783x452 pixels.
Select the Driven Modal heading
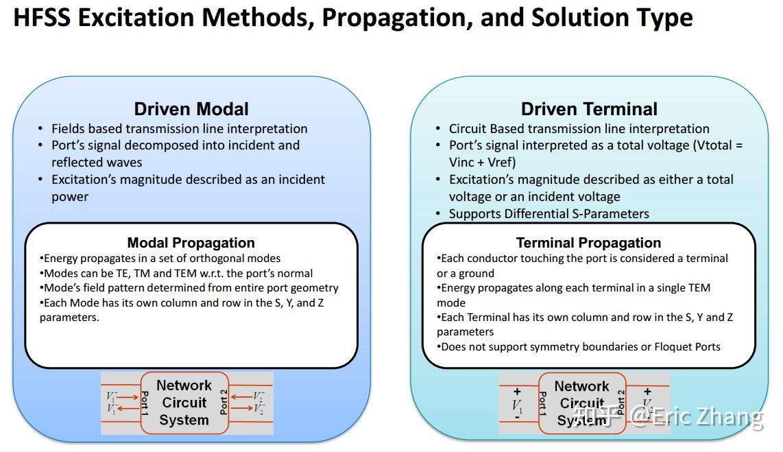[x=191, y=109]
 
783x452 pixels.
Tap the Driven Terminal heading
[x=589, y=109]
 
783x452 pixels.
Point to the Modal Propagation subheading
[x=191, y=243]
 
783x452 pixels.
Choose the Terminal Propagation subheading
[x=588, y=243]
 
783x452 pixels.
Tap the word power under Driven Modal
[x=70, y=197]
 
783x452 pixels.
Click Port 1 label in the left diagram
[x=145, y=403]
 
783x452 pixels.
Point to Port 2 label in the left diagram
[x=224, y=403]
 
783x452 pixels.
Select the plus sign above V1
[x=518, y=392]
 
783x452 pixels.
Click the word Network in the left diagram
[x=184, y=385]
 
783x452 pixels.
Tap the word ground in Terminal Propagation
[x=474, y=273]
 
